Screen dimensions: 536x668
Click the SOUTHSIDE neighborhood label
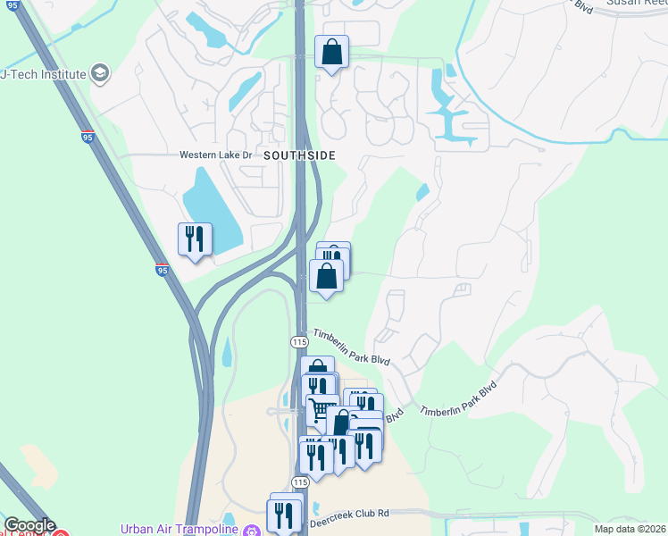tap(299, 155)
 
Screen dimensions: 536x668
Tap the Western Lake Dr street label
tap(217, 155)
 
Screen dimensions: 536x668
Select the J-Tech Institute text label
tap(43, 73)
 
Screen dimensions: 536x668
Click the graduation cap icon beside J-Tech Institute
tap(100, 73)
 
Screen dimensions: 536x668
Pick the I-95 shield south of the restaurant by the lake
tap(162, 269)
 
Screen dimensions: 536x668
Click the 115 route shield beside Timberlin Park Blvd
tap(299, 342)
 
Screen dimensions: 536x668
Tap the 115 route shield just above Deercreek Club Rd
tap(299, 482)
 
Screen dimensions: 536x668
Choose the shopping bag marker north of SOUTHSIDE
tap(331, 53)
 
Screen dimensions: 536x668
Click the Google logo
tap(29, 526)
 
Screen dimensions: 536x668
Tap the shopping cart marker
tap(322, 409)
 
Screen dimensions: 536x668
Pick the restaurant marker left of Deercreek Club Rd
tap(284, 515)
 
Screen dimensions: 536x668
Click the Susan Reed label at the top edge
tap(636, 4)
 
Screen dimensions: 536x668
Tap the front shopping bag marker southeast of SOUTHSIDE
tap(327, 277)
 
